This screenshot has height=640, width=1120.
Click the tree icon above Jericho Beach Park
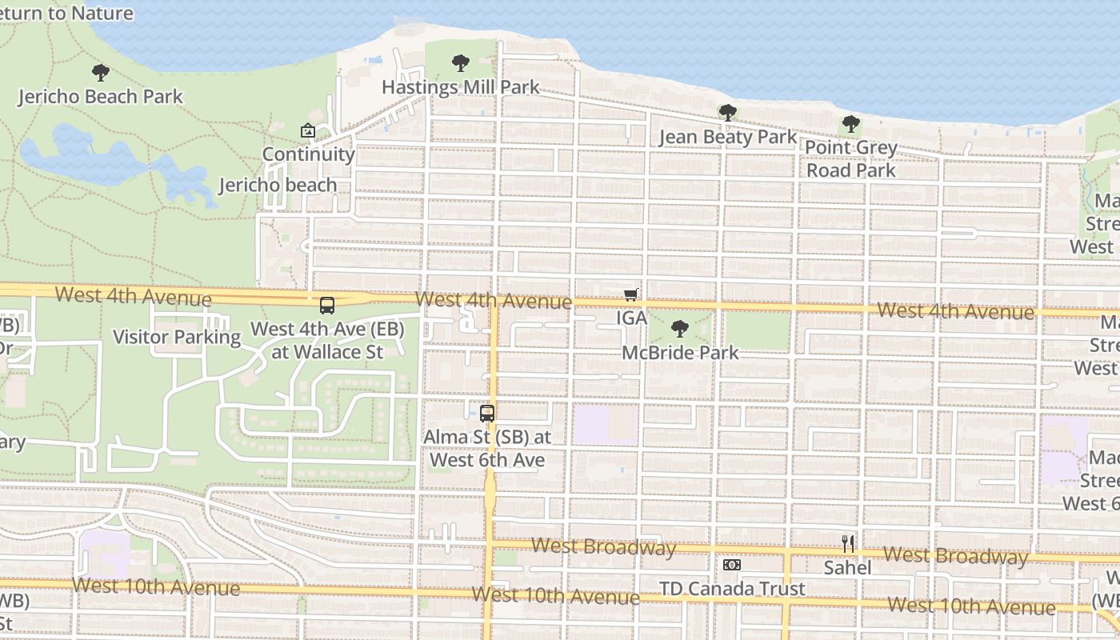pos(100,73)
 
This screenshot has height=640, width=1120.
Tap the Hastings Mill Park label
pos(460,87)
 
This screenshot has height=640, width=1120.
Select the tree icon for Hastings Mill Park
pos(460,62)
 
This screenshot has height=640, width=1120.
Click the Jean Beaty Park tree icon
pos(727,113)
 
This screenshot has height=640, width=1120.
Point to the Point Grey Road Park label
pos(851,158)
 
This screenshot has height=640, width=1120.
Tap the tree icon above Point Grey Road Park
pos(851,124)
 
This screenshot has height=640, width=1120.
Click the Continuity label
pos(308,154)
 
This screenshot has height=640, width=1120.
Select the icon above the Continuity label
pos(308,130)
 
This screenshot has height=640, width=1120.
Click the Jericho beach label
pos(278,185)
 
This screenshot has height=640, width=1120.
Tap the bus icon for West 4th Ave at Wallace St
pos(327,305)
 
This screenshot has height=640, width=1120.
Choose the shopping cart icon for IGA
pos(630,294)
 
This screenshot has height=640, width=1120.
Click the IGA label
pos(631,318)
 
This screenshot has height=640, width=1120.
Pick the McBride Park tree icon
pos(679,328)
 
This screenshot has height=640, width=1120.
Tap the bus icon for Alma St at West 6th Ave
pos(486,414)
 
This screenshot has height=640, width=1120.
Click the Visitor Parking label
pos(177,337)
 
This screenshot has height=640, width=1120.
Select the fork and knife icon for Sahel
pos(848,545)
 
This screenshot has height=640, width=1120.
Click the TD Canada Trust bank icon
pos(731,565)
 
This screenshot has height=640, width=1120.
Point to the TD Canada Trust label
pos(731,589)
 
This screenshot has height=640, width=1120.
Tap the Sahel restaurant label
pos(848,568)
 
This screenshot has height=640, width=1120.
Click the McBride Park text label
pos(680,352)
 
